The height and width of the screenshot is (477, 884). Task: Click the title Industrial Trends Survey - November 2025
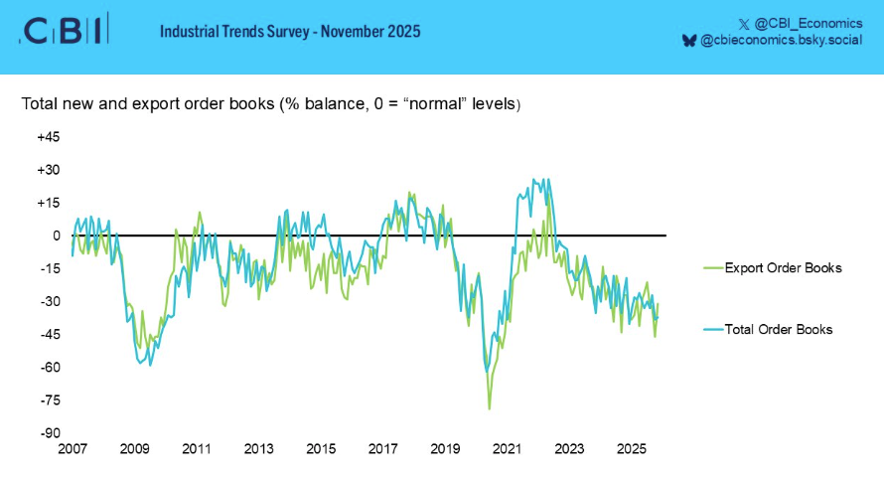(x=290, y=32)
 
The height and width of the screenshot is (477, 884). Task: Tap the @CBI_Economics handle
(x=806, y=22)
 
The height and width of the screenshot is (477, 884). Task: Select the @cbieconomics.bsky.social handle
(x=782, y=41)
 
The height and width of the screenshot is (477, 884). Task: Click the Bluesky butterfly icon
(x=689, y=41)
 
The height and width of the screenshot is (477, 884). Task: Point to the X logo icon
(x=744, y=22)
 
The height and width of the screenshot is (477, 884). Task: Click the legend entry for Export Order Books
(x=783, y=268)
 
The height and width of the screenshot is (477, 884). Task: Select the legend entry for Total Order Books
(x=779, y=329)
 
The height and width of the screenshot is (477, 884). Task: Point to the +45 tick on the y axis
(x=49, y=137)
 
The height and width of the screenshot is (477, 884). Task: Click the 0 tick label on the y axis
(x=58, y=236)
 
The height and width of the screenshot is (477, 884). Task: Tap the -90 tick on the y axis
(x=50, y=433)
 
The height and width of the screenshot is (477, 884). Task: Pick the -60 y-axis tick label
(x=50, y=368)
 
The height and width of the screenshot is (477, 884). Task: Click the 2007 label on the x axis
(x=73, y=449)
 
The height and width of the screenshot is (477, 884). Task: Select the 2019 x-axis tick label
(x=445, y=449)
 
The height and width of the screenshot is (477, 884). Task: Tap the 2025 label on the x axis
(x=631, y=449)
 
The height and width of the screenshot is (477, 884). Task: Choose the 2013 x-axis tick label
(x=258, y=449)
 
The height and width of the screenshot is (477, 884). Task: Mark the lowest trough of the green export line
(x=489, y=408)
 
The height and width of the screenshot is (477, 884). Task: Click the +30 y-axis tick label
(x=49, y=170)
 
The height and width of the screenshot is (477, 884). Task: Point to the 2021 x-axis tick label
(x=507, y=449)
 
